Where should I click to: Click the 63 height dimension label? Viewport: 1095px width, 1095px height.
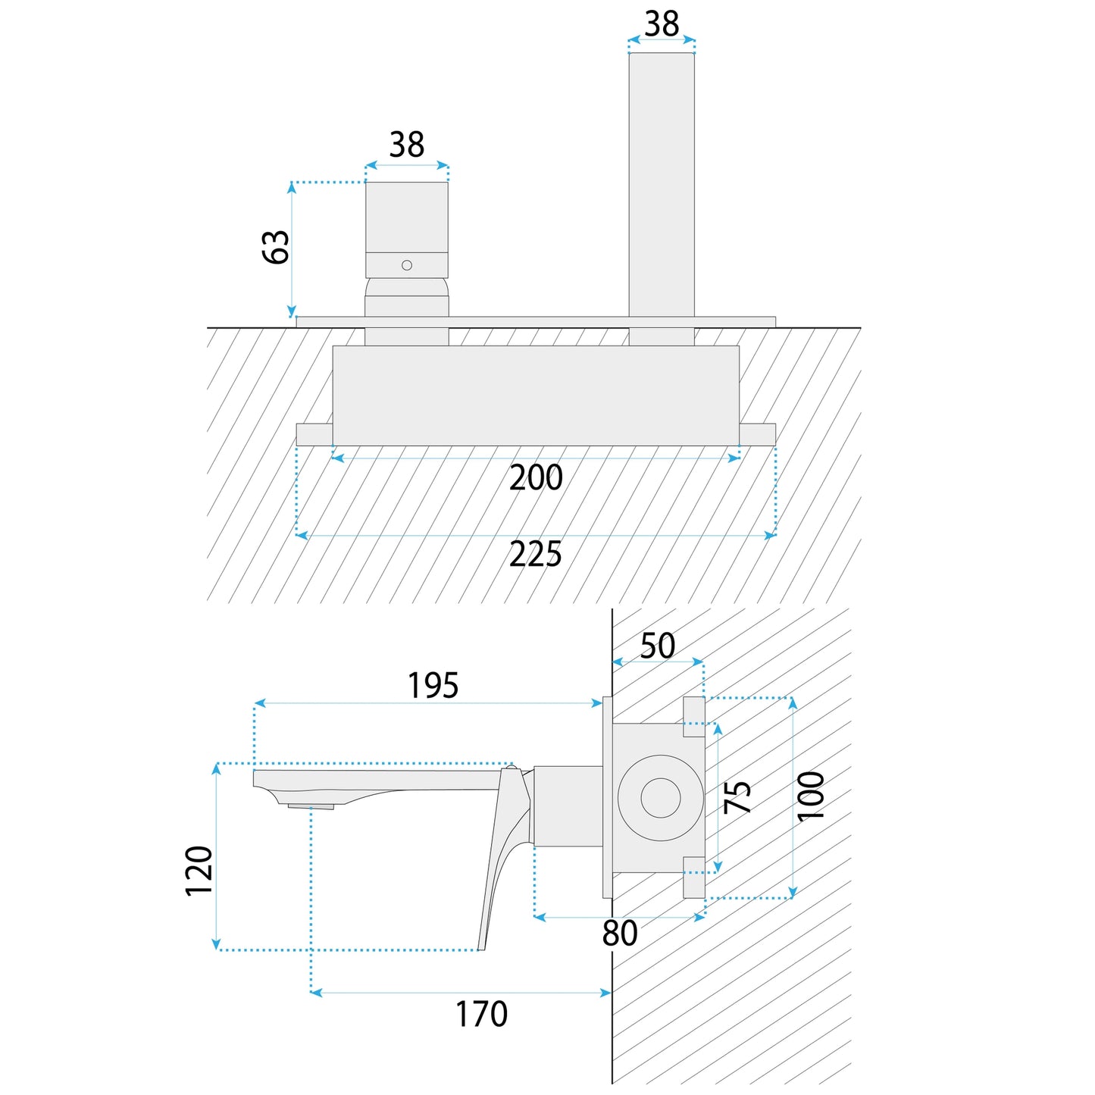click(x=277, y=247)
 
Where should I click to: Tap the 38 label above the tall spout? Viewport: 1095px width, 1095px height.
click(x=662, y=24)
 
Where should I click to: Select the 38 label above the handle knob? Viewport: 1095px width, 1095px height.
click(x=407, y=145)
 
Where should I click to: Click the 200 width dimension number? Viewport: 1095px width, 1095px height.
click(x=536, y=478)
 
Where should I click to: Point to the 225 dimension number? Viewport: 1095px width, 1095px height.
click(x=536, y=555)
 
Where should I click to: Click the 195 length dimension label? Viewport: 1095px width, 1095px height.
click(x=433, y=686)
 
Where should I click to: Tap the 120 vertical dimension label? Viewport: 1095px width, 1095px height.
click(x=199, y=870)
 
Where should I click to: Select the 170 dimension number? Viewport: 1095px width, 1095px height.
click(x=481, y=1014)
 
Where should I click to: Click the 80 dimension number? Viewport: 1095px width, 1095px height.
click(x=620, y=934)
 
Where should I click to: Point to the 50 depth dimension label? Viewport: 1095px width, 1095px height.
click(x=657, y=646)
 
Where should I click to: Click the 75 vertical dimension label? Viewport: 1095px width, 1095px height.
click(x=737, y=797)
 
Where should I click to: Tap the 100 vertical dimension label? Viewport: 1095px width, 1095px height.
click(x=811, y=796)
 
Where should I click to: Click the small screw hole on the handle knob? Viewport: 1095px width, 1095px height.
click(x=407, y=265)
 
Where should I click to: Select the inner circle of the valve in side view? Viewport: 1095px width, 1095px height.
click(x=661, y=798)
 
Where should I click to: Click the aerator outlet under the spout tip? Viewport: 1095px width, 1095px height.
click(x=311, y=806)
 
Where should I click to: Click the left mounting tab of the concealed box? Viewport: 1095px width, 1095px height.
click(x=314, y=434)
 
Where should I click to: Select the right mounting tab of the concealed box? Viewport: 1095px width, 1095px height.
click(x=757, y=434)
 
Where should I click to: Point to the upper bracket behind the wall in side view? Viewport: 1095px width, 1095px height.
click(x=694, y=715)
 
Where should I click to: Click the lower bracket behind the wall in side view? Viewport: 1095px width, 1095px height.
click(x=694, y=878)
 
